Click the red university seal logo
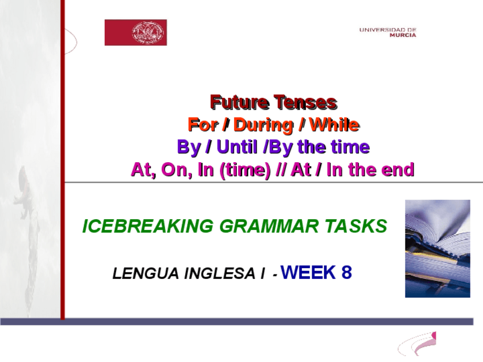136,32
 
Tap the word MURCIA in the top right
403,35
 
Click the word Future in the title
239,102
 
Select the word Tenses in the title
305,102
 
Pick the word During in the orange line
263,125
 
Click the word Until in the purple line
237,146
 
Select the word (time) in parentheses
245,170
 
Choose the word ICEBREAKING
148,226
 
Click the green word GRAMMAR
269,226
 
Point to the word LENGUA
145,273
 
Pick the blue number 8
346,272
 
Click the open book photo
437,248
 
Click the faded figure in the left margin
26,197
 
